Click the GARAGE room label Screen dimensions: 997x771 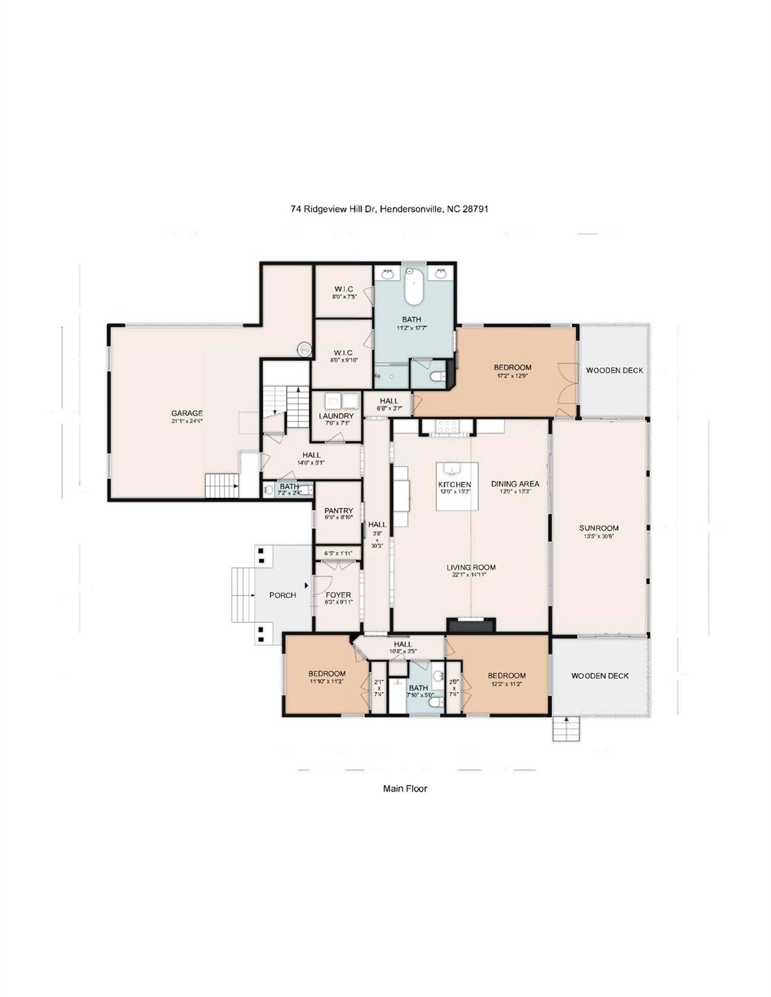[x=186, y=413]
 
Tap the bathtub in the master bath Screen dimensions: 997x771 [x=412, y=287]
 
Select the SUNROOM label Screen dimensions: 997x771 [x=598, y=528]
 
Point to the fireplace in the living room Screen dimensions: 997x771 [x=471, y=625]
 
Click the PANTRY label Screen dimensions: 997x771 [x=338, y=511]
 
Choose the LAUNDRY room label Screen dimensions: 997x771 [x=336, y=416]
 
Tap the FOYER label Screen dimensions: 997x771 [x=338, y=595]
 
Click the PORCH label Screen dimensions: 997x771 [x=283, y=595]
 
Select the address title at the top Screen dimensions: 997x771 [x=390, y=210]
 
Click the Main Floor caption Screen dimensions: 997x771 [x=405, y=789]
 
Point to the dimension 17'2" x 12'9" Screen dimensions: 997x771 [x=512, y=375]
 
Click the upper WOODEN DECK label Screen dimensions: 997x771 [x=614, y=371]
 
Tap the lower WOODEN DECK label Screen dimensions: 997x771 [x=600, y=676]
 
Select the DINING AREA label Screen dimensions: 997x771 [x=514, y=484]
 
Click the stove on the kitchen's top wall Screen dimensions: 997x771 [x=448, y=426]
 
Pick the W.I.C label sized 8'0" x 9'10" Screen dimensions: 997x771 [x=343, y=352]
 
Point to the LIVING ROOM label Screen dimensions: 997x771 [x=471, y=567]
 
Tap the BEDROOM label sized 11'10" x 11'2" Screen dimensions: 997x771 [x=327, y=674]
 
